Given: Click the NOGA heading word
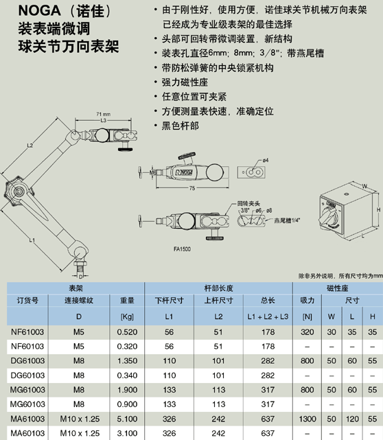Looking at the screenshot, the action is pyautogui.click(x=39, y=11).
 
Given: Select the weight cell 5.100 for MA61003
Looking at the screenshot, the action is pyautogui.click(x=127, y=419).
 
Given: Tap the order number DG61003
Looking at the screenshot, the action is pyautogui.click(x=27, y=360).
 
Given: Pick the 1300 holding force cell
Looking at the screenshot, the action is pyautogui.click(x=307, y=419).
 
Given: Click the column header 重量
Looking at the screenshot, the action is pyautogui.click(x=127, y=300).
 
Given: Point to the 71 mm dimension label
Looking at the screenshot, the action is pyautogui.click(x=103, y=114).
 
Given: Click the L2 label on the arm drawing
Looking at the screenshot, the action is pyautogui.click(x=30, y=146).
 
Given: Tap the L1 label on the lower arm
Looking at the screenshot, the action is pyautogui.click(x=32, y=240).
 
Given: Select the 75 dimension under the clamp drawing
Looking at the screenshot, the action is pyautogui.click(x=192, y=188).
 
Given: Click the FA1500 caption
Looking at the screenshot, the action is pyautogui.click(x=182, y=249).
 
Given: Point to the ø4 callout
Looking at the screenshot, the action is pyautogui.click(x=266, y=160).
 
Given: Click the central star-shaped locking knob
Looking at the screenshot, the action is pyautogui.click(x=18, y=191).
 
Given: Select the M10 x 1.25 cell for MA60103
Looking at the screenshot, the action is pyautogui.click(x=80, y=433).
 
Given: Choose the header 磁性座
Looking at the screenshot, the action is pyautogui.click(x=337, y=288).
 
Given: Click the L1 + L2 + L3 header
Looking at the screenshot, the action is pyautogui.click(x=268, y=316).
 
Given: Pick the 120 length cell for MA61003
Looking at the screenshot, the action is pyautogui.click(x=352, y=419).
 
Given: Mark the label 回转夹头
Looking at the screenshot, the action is pyautogui.click(x=248, y=203).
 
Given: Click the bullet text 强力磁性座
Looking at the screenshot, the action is pyautogui.click(x=185, y=82).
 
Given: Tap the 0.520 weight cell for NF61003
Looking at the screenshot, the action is pyautogui.click(x=127, y=332).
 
